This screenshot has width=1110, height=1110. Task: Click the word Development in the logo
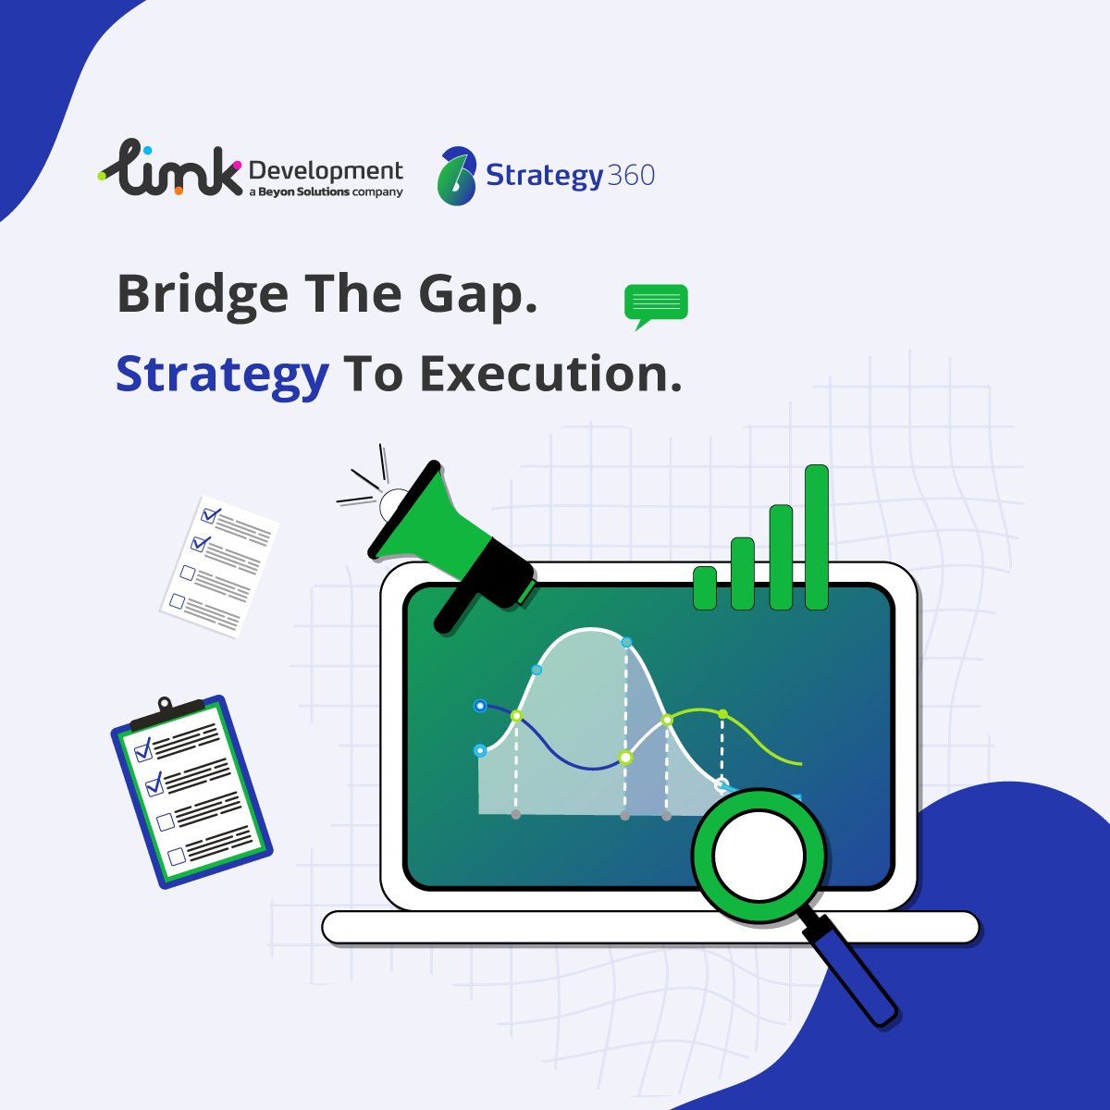(x=326, y=171)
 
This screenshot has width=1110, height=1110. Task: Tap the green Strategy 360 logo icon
(x=457, y=176)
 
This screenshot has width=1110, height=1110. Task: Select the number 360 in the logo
(x=632, y=175)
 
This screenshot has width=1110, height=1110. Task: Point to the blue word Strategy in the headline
(x=222, y=375)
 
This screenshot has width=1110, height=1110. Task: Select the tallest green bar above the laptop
(x=817, y=536)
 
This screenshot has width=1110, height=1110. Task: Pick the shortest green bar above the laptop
(x=705, y=587)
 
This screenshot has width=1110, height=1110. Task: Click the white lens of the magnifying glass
(x=758, y=856)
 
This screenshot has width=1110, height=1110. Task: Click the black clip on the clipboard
(x=166, y=713)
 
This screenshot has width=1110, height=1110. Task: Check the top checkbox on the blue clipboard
(x=142, y=749)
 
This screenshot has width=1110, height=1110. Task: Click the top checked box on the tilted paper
(x=211, y=514)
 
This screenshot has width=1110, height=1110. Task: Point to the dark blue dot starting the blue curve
(x=480, y=706)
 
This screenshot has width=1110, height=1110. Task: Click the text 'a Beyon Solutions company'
(x=326, y=192)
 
